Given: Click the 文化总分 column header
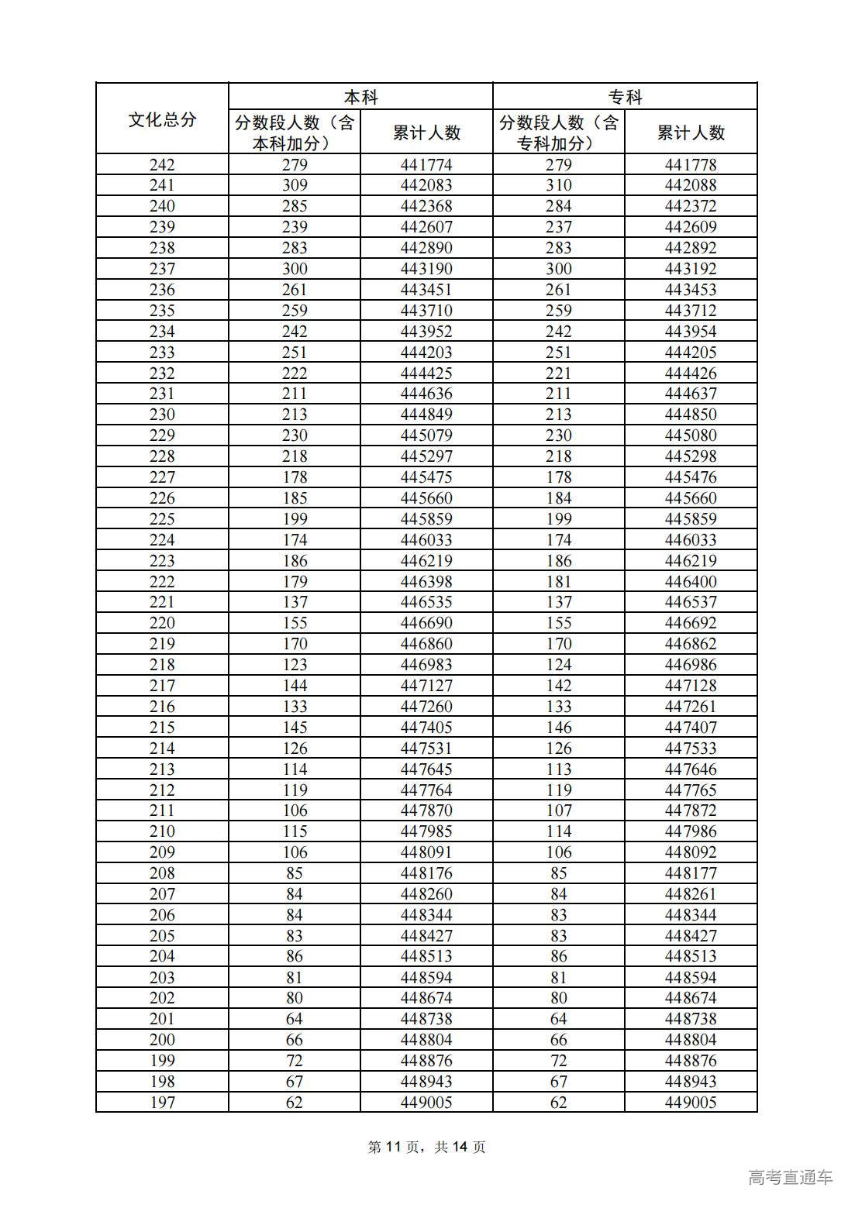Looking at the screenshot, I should (x=162, y=119).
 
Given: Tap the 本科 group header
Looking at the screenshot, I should (x=360, y=97).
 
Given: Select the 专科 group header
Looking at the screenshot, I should (x=625, y=97).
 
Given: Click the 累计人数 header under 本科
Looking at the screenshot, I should (x=426, y=133).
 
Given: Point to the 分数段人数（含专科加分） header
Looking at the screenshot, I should (x=558, y=133).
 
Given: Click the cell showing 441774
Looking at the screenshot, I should (x=426, y=164).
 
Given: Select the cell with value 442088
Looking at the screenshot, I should (x=691, y=185).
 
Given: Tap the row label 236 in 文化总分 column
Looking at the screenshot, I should (x=162, y=290).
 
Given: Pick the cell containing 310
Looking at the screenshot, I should (x=558, y=185).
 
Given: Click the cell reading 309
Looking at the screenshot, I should (x=295, y=185).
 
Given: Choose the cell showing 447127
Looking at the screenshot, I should (x=426, y=686).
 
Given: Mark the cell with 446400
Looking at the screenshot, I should (x=691, y=582).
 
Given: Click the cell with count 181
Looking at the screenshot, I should (x=558, y=582).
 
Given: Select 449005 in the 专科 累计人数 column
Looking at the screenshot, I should (x=691, y=1103).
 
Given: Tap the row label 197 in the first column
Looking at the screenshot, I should (x=162, y=1103).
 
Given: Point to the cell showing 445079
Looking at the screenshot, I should (x=426, y=435).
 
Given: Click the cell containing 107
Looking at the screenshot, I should (x=558, y=810).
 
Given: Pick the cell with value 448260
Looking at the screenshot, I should (x=426, y=894).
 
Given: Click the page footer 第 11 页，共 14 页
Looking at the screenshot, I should (x=426, y=1147).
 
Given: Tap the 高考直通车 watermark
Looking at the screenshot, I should (x=791, y=1177).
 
